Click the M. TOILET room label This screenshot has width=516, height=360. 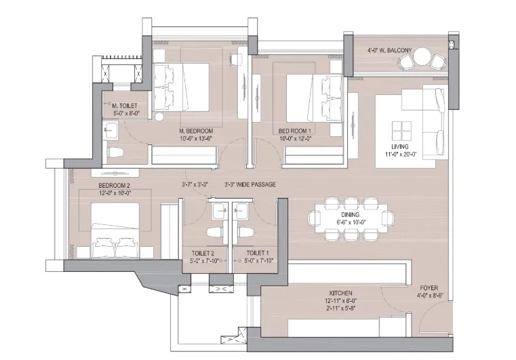pyautogui.click(x=124, y=106)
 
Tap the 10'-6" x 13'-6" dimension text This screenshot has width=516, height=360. pyautogui.click(x=196, y=138)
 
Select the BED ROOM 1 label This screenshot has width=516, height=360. pyautogui.click(x=294, y=131)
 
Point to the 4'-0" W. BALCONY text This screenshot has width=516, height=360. pyautogui.click(x=389, y=50)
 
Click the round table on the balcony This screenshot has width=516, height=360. pyautogui.click(x=422, y=56)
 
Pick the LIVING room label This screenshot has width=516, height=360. pyautogui.click(x=400, y=146)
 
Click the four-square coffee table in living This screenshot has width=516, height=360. pyautogui.click(x=401, y=131)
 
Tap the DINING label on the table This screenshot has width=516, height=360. pyautogui.click(x=350, y=215)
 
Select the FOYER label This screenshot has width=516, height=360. pyautogui.click(x=429, y=288)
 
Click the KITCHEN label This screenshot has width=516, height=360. pyautogui.click(x=340, y=293)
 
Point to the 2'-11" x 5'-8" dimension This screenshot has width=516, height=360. pyautogui.click(x=340, y=308)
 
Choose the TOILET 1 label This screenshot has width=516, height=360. pyautogui.click(x=258, y=253)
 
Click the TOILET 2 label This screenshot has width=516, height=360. pyautogui.click(x=203, y=254)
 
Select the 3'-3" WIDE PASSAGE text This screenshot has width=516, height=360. pyautogui.click(x=250, y=184)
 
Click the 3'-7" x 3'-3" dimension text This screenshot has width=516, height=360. pyautogui.click(x=195, y=184)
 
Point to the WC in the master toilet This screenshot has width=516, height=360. pyautogui.click(x=115, y=153)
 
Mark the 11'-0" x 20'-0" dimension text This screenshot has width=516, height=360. pyautogui.click(x=401, y=154)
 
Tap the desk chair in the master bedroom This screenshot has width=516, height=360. pyautogui.click(x=235, y=60)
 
